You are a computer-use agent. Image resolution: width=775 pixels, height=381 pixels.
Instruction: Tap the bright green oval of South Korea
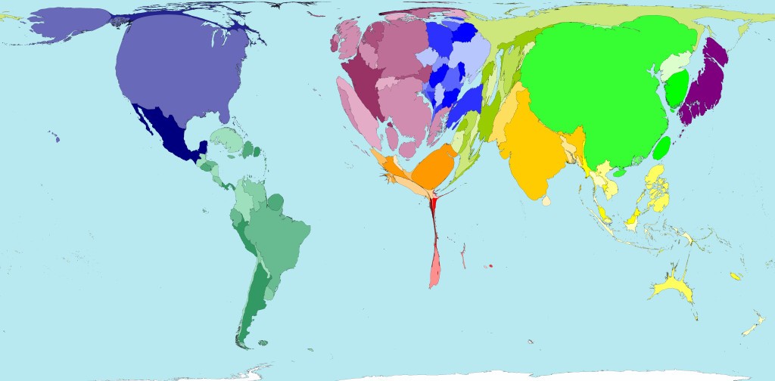[x=674, y=89]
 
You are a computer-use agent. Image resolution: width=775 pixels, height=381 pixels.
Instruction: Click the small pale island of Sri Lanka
[x=546, y=201]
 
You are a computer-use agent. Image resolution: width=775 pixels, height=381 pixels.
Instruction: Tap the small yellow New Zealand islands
[x=752, y=327]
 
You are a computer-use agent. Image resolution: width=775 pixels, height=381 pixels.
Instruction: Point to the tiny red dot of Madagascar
[x=491, y=266]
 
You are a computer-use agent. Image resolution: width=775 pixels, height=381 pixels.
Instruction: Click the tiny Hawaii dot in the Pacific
[x=57, y=138]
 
